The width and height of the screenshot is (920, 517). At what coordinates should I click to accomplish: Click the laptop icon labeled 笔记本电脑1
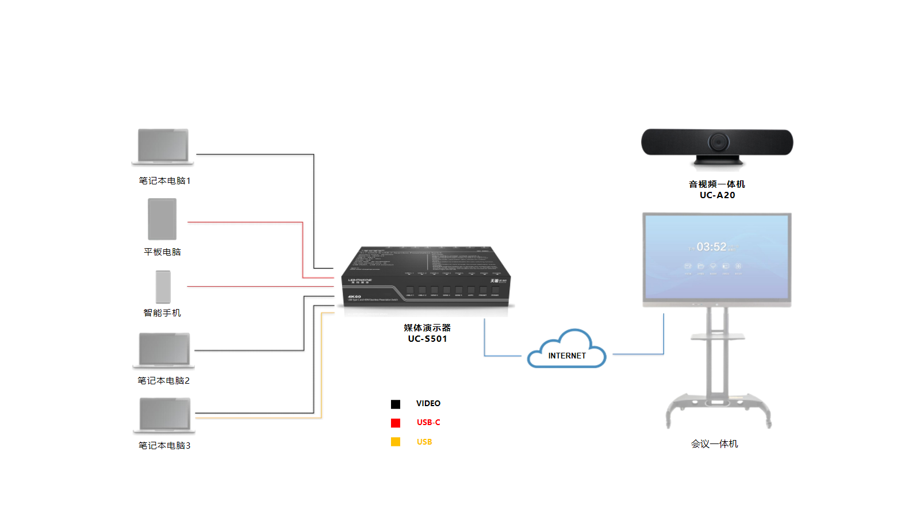tap(163, 146)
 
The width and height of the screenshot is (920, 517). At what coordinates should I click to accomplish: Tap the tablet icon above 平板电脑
tap(162, 219)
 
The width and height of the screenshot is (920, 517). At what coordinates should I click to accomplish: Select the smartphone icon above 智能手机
tap(163, 286)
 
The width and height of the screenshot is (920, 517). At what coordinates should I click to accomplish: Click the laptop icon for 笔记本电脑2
tap(164, 350)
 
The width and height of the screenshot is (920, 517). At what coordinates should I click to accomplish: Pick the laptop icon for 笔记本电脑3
tap(164, 415)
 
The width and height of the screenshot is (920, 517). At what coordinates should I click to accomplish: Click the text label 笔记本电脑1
tap(164, 181)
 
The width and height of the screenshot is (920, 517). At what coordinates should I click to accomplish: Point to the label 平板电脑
tap(162, 252)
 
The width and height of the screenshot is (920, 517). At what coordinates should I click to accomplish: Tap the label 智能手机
tap(162, 313)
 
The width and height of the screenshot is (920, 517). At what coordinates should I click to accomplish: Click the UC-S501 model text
tap(427, 339)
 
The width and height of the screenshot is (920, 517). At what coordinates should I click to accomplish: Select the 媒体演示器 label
tap(427, 328)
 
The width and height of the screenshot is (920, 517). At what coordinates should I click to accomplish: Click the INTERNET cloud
tap(567, 352)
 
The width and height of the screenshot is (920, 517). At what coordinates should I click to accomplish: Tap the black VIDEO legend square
tap(396, 404)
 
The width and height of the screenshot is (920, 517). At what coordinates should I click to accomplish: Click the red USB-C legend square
tap(396, 423)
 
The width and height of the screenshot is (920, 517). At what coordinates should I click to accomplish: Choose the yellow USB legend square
tap(396, 442)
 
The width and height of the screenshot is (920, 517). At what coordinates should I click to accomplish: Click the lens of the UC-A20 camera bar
tap(718, 141)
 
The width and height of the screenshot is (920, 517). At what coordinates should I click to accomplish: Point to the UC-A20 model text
tap(717, 195)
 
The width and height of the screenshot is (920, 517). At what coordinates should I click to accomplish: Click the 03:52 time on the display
tap(711, 247)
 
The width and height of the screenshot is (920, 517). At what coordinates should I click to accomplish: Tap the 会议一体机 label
tap(714, 444)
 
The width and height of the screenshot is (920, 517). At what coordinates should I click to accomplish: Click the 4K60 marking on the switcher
tap(354, 296)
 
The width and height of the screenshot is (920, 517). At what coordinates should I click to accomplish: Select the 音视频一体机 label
tap(717, 184)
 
